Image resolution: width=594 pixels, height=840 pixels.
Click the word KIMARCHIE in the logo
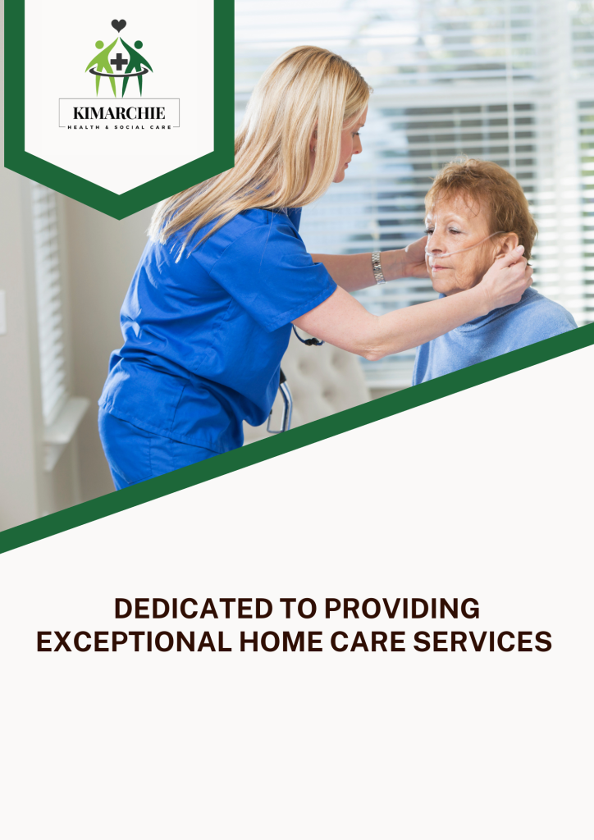[119, 113]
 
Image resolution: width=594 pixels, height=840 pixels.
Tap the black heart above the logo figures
[119, 25]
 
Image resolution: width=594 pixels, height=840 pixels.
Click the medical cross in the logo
[120, 62]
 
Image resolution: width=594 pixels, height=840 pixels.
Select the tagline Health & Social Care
[119, 126]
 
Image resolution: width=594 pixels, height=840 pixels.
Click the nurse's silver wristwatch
[377, 267]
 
